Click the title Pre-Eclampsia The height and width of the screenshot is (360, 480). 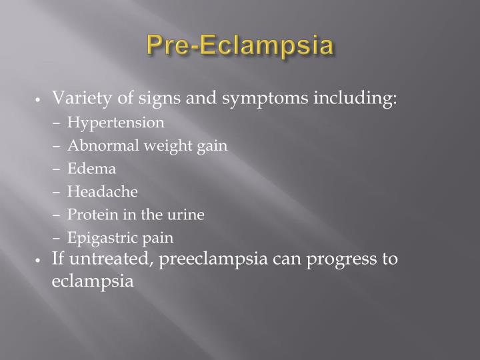240,47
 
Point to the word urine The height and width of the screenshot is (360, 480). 187,215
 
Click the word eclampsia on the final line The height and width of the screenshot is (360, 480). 93,281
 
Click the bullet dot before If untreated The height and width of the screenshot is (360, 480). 41,259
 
